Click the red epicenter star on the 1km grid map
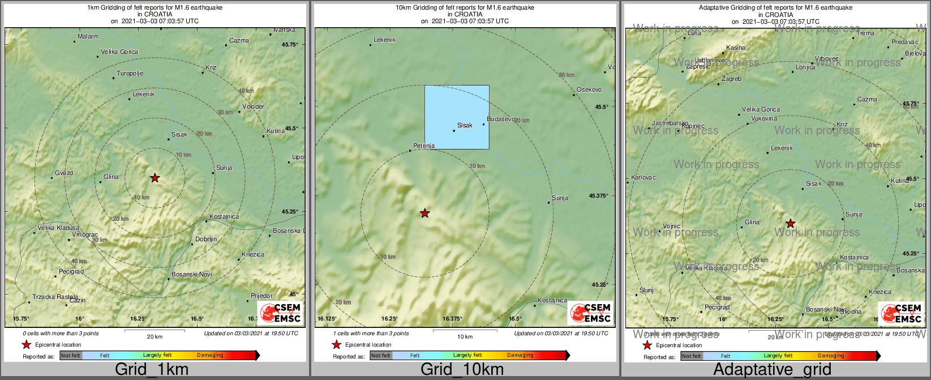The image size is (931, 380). [155, 178]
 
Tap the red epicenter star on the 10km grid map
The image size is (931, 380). [425, 213]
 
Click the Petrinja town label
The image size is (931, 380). [424, 146]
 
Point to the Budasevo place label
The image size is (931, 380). [501, 119]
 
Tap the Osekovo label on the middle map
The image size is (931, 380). [589, 90]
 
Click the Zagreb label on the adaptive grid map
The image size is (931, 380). [732, 79]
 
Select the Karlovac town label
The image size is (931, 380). [643, 178]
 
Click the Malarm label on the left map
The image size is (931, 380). [88, 37]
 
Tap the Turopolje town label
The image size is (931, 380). [130, 74]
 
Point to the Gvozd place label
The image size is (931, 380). [64, 173]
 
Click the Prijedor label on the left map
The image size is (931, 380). [261, 296]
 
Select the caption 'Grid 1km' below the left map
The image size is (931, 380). [151, 370]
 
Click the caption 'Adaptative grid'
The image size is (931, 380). [772, 370]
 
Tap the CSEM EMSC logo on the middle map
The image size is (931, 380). [590, 313]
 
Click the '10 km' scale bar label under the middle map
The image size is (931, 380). [465, 337]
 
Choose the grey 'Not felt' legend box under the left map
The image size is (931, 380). [71, 356]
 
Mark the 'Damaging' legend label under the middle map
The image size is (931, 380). [520, 356]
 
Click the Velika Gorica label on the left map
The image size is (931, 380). [119, 52]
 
